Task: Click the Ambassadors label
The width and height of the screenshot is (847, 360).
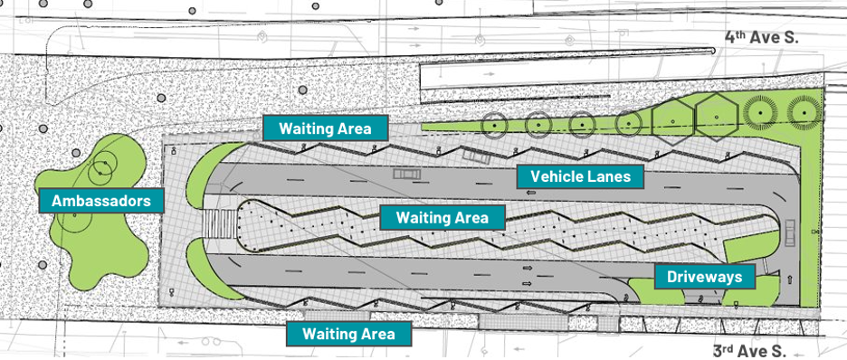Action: pos(101,201)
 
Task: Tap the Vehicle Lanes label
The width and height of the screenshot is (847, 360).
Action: pos(581,176)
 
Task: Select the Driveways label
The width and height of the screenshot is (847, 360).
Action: pos(704,277)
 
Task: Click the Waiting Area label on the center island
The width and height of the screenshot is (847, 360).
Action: pos(443,217)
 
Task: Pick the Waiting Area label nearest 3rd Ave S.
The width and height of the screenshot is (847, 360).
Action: pos(348,334)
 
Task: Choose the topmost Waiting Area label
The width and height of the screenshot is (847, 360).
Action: pos(325,128)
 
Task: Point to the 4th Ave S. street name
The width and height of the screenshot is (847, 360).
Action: pos(761,37)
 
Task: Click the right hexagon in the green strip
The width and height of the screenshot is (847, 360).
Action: pos(717,117)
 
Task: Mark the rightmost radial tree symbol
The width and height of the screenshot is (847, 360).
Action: pos(804,112)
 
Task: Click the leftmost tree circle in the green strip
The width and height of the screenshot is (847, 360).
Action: pos(494,126)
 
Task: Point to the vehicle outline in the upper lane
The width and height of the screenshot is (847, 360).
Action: pos(406,174)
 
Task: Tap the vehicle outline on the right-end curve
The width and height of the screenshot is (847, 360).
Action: pos(790,232)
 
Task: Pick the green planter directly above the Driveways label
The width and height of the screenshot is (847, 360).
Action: pos(751,246)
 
